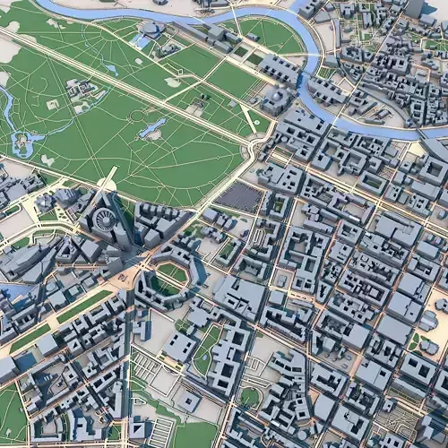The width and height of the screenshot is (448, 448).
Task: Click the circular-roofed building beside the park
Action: point(107,220)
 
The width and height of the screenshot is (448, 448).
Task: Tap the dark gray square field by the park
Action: point(237,196)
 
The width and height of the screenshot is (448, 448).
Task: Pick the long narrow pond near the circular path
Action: point(153,127)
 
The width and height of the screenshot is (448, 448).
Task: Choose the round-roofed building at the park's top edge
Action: point(151,29)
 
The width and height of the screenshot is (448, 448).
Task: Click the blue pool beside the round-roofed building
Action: point(141,41)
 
